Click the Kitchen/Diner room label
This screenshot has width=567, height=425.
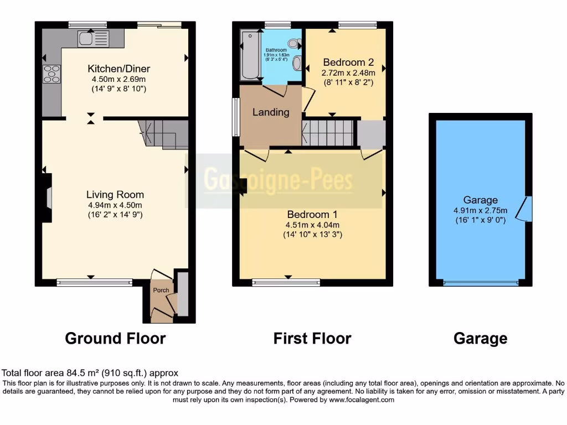click(x=118, y=69)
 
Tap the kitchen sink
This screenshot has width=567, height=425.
click(x=88, y=38)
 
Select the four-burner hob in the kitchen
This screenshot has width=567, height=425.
click(x=51, y=74)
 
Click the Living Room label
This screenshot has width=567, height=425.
click(x=115, y=195)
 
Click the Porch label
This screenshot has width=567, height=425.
click(x=161, y=290)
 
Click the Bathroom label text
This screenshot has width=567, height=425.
click(x=275, y=50)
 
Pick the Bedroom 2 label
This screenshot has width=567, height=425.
click(x=344, y=62)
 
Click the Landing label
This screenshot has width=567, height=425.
click(x=271, y=112)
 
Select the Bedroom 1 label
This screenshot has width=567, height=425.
click(x=312, y=214)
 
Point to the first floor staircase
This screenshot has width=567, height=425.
click(x=328, y=133)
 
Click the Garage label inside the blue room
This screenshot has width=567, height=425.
click(x=480, y=200)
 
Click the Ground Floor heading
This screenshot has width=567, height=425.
click(x=115, y=338)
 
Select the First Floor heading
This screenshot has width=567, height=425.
click(x=312, y=338)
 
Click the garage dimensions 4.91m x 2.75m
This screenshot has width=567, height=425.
click(x=480, y=210)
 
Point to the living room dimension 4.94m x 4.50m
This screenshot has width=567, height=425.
click(x=115, y=205)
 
